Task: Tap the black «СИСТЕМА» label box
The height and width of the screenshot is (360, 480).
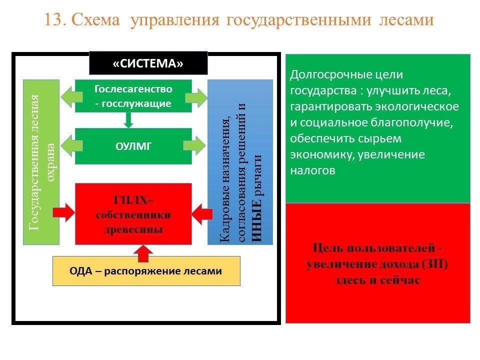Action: click(148, 64)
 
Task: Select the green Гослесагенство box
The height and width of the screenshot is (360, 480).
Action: click(133, 96)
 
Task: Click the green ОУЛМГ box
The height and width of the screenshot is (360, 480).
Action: click(133, 146)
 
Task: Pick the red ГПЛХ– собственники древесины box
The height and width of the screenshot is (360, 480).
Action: click(133, 214)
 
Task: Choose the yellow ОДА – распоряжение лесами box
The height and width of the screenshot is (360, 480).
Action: click(146, 271)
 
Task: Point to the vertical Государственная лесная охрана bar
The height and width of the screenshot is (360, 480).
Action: click(41, 161)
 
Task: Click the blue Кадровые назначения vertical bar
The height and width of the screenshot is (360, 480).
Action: click(240, 161)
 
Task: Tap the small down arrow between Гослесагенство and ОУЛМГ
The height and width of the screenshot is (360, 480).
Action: click(129, 120)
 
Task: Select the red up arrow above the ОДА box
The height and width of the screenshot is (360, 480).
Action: click(143, 253)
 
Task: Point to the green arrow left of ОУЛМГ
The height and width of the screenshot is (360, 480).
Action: click(66, 146)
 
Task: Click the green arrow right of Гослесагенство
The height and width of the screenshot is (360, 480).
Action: click(198, 97)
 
